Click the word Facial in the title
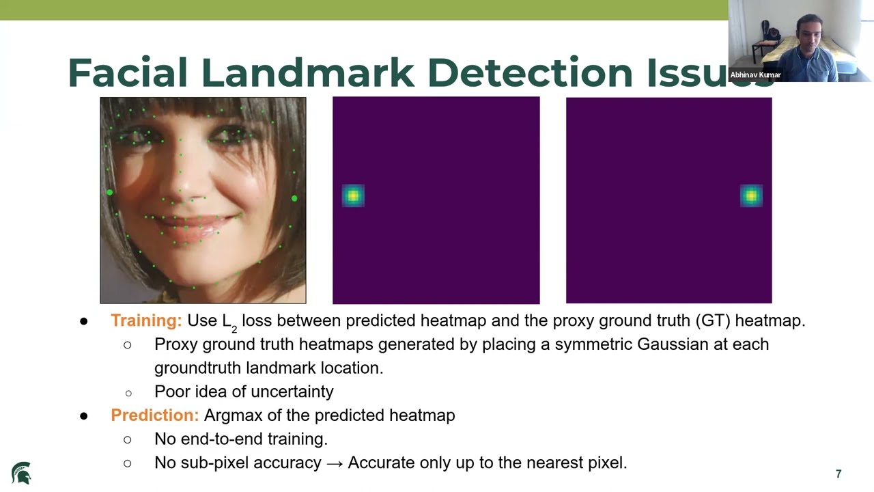point(128,72)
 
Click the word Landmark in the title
point(307,72)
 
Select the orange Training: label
point(146,320)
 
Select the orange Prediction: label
point(155,415)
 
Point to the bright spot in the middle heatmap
point(353,196)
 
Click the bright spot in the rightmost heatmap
point(751,196)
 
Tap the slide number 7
point(838,474)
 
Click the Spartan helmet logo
point(21,473)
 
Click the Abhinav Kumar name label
point(755,74)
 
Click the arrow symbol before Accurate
point(335,463)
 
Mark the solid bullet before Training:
point(83,321)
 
